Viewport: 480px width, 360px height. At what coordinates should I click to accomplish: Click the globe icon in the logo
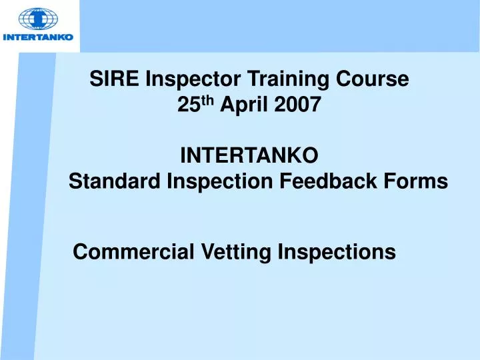click(38, 19)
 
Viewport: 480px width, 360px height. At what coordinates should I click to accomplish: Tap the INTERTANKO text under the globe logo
click(38, 37)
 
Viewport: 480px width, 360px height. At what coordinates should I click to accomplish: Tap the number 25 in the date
click(189, 105)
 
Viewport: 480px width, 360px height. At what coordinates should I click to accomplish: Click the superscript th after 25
click(206, 101)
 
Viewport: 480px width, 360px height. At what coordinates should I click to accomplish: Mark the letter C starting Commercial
click(79, 252)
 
